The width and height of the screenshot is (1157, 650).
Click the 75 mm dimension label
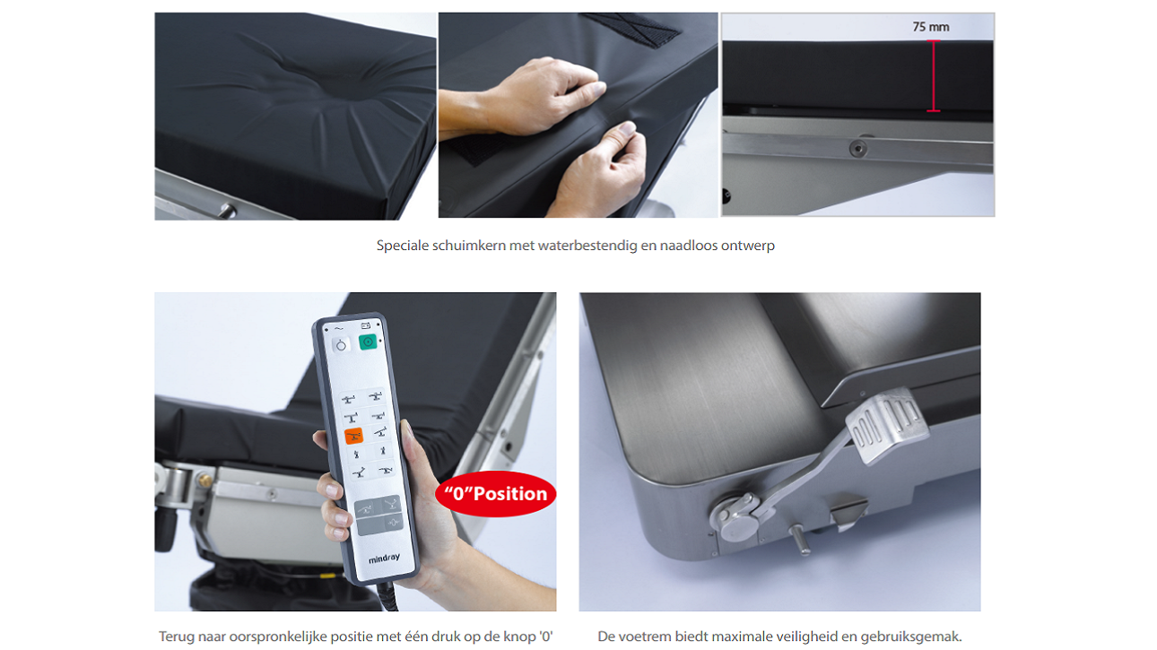(x=930, y=27)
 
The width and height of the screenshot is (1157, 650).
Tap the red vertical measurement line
(x=934, y=76)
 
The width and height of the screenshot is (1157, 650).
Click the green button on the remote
(x=368, y=342)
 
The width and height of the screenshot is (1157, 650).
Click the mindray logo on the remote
(x=384, y=558)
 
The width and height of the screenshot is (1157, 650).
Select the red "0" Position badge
(x=496, y=494)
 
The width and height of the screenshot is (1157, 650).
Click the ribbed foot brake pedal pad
(x=886, y=426)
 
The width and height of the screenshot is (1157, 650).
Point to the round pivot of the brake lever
(x=736, y=516)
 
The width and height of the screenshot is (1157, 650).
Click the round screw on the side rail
(x=858, y=149)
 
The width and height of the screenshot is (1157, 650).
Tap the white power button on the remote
(x=341, y=346)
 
